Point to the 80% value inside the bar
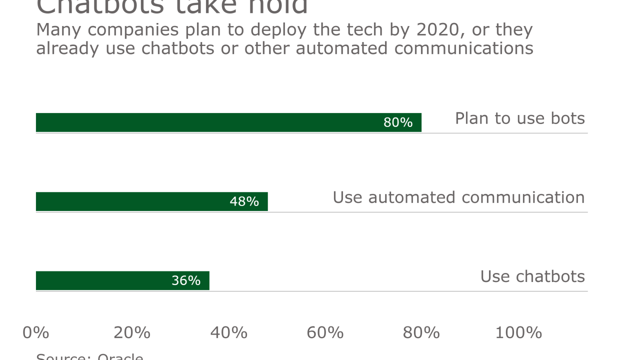pos(398,122)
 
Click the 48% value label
pos(244,201)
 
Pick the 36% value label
pos(186,280)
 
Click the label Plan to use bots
pos(519,118)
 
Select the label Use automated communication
pos(458,197)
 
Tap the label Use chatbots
pos(532,276)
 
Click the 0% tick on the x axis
pos(36,332)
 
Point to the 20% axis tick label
pos(132,332)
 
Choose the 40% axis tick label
pos(228,332)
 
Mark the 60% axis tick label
pos(325,332)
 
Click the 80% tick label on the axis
pos(421,332)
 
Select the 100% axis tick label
pos(518,332)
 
